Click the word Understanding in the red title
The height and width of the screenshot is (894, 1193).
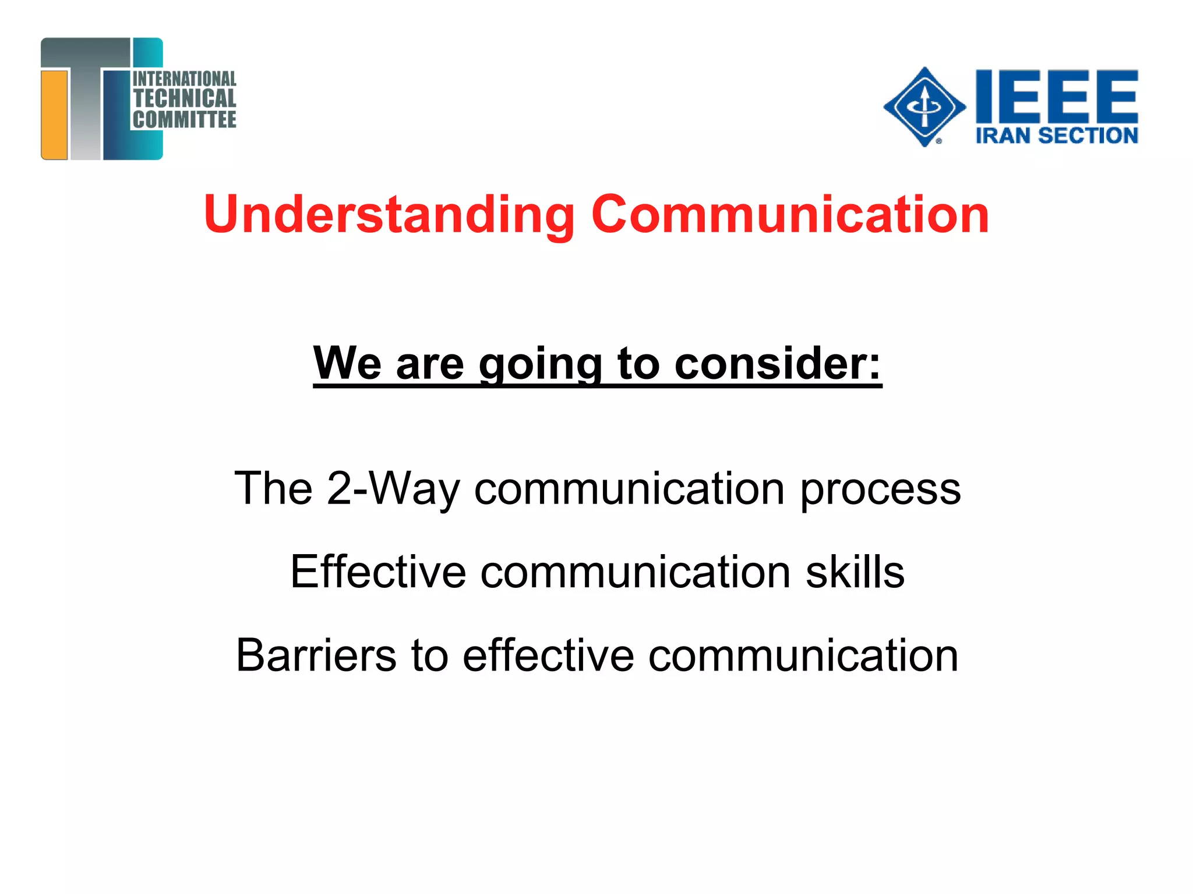tap(389, 215)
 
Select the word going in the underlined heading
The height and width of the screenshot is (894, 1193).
tap(540, 364)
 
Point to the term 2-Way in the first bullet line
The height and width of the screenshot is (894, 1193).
tap(393, 489)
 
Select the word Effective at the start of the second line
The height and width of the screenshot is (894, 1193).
tap(378, 572)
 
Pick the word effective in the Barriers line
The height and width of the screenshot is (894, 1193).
tap(548, 655)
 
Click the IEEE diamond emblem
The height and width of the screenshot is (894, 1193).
tap(924, 107)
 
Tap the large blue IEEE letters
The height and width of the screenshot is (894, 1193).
tap(1056, 94)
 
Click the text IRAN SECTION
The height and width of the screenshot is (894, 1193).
tap(1056, 136)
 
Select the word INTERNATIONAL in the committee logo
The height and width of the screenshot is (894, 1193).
tap(184, 79)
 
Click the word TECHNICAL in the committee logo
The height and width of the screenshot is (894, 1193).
tap(184, 98)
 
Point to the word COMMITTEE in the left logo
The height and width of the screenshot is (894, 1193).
tap(184, 119)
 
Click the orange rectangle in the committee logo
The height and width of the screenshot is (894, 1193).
tap(55, 114)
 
